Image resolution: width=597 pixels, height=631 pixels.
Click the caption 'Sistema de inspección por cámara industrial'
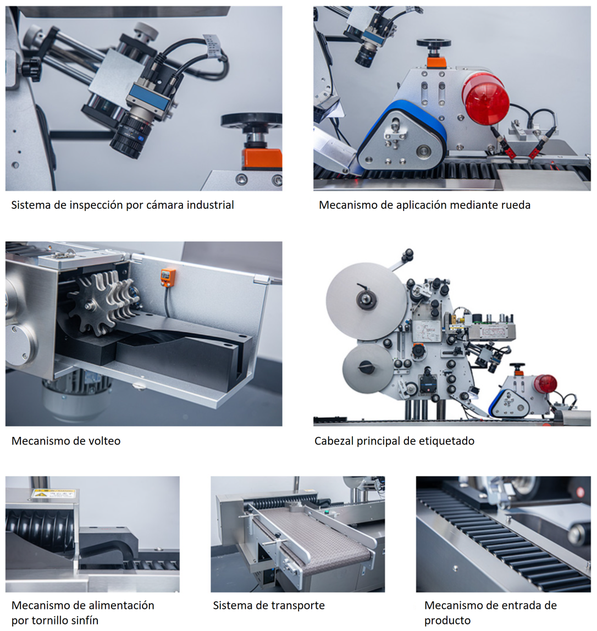point(123,205)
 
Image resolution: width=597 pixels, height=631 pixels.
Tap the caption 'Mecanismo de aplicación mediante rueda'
point(425,205)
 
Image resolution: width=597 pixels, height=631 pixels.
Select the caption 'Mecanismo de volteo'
point(66,441)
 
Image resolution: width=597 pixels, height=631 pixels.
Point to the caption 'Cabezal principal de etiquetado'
point(395,441)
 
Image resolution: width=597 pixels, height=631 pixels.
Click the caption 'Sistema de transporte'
point(269,605)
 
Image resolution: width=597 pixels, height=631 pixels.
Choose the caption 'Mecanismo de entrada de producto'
point(490,612)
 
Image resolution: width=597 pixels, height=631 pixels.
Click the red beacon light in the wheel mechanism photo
point(486,98)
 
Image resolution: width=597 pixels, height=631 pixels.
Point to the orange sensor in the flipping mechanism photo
point(168,277)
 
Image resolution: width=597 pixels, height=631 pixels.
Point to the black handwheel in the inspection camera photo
point(252,120)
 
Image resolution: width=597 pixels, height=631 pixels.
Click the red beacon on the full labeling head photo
point(546,384)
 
